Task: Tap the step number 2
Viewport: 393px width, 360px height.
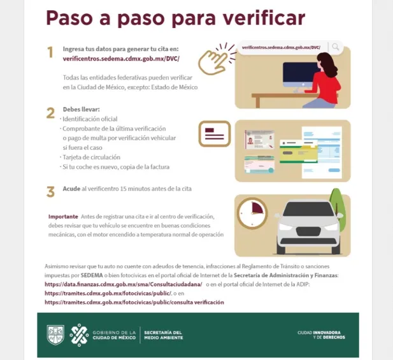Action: pos(50,113)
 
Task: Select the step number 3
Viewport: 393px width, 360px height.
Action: pos(50,192)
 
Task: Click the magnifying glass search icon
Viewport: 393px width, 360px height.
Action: pos(335,48)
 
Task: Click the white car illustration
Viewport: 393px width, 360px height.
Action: pos(308,226)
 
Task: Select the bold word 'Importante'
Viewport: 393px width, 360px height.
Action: pos(63,216)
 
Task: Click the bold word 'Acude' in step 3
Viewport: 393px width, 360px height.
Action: pos(71,189)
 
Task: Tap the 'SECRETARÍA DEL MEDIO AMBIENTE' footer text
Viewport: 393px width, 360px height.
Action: pos(163,335)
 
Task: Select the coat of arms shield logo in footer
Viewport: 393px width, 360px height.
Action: pos(55,335)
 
